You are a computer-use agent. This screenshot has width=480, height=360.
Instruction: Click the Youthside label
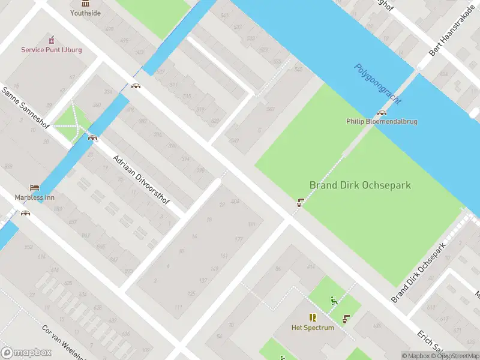tap(85, 13)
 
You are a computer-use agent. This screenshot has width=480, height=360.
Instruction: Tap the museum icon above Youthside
tap(85, 3)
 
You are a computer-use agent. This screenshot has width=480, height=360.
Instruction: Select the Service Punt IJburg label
tap(51, 50)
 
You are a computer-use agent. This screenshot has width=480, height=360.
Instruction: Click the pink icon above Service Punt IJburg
tap(51, 40)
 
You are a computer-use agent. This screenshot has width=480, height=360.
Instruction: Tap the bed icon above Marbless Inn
tap(34, 188)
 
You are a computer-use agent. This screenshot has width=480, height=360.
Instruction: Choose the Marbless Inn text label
tap(34, 197)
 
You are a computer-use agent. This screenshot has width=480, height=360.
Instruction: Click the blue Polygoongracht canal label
tap(377, 84)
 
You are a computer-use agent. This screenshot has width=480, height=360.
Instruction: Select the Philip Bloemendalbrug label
tap(382, 121)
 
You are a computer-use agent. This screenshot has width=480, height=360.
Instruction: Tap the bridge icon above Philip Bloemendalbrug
tap(382, 113)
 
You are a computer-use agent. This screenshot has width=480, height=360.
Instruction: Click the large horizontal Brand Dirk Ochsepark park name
tap(360, 185)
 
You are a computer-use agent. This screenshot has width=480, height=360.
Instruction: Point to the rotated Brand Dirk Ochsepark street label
tap(419, 273)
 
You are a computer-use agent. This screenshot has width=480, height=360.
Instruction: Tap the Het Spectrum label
tap(312, 328)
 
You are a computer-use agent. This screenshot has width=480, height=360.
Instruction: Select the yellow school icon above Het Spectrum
tap(312, 317)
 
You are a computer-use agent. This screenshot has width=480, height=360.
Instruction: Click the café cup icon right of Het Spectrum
tap(346, 319)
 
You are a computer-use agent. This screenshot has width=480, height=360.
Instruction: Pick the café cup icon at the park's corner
tap(299, 203)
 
